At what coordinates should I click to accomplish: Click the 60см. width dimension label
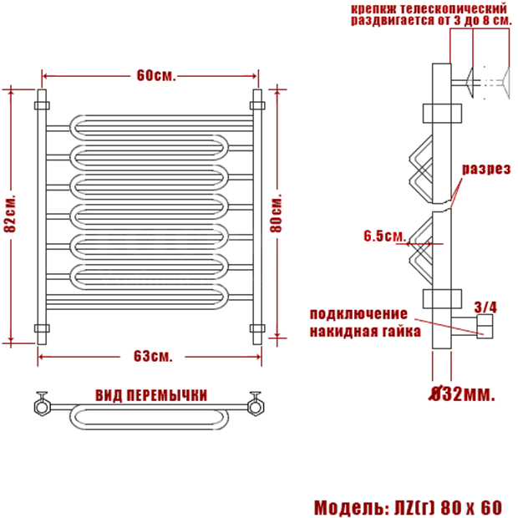[156, 76]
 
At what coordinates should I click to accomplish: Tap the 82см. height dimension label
[10, 214]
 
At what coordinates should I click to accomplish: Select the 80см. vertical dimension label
[277, 214]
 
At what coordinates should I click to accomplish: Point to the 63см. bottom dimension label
[153, 357]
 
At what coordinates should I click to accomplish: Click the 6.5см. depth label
[384, 236]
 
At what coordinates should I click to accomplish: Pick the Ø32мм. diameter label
[462, 394]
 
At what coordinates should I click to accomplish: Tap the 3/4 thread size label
[485, 307]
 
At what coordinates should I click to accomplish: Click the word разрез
[486, 169]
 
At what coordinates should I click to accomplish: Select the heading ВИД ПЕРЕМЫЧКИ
[151, 395]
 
